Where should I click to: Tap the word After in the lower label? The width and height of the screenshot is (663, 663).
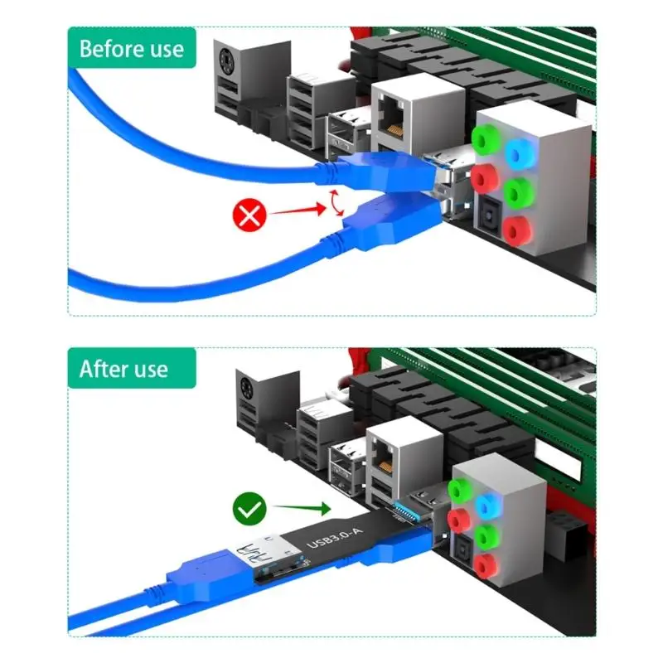pyautogui.click(x=100, y=369)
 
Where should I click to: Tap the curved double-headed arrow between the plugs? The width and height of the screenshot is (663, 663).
pyautogui.click(x=336, y=203)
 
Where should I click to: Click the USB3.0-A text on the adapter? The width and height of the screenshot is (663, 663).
pyautogui.click(x=335, y=534)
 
